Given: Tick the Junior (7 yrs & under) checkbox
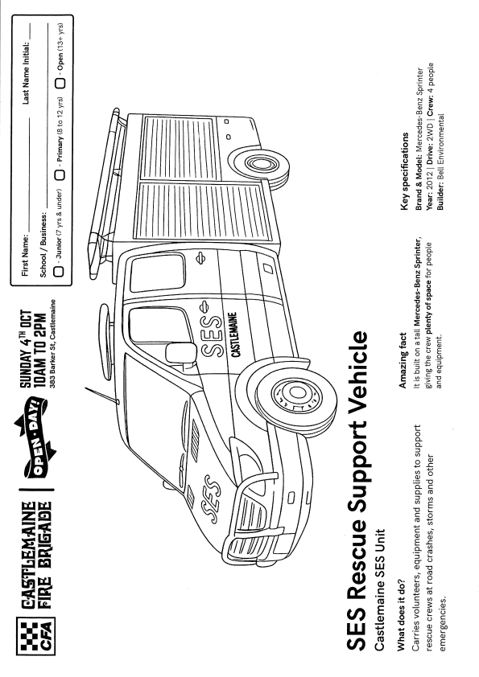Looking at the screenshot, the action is pos(59,271).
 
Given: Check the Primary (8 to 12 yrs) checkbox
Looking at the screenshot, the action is pos(59,174).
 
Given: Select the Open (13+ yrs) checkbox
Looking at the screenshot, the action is pos(60,83).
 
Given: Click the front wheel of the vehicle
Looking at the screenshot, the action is pos(297,393).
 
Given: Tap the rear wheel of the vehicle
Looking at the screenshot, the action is pos(258,164).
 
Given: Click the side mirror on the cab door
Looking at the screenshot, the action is pos(180,353).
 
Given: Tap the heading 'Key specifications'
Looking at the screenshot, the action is pos(405,171).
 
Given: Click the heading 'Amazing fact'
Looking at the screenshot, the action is pos(402,361).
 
